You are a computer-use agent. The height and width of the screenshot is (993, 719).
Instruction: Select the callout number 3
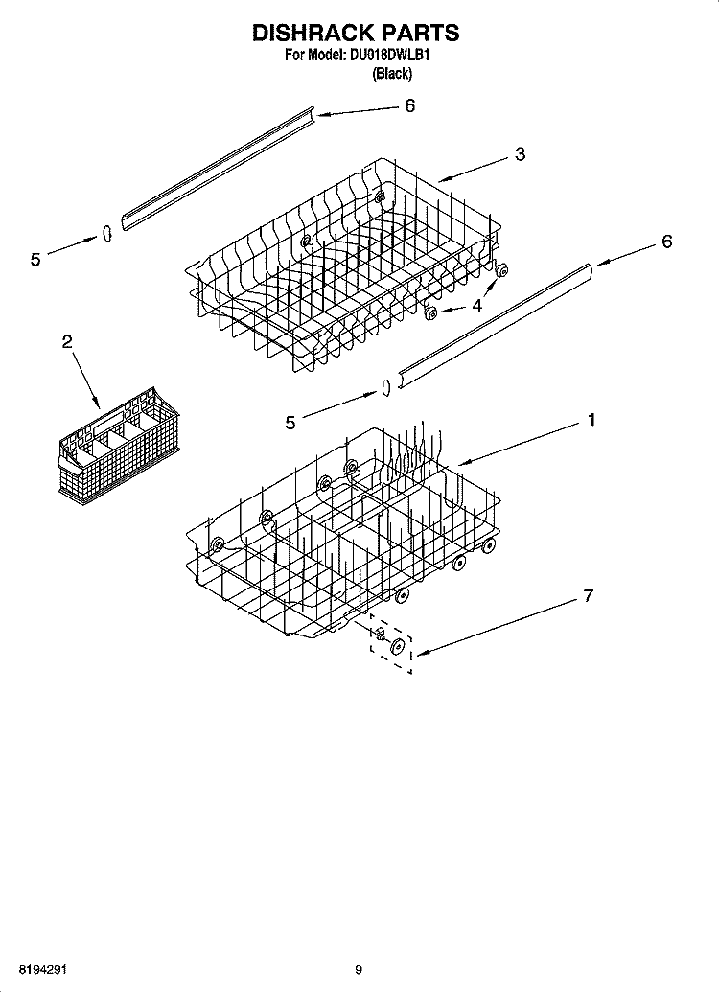coord(520,154)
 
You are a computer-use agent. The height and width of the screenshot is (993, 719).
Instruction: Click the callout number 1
coord(591,420)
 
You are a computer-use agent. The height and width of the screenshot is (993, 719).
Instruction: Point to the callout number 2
coord(67,342)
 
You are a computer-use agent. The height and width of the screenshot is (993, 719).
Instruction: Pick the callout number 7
coord(589,596)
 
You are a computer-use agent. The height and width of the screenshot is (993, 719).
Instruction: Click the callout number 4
coord(476,306)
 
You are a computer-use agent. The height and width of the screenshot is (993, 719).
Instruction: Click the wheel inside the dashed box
coord(398,647)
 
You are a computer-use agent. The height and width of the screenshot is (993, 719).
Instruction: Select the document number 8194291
coord(43,969)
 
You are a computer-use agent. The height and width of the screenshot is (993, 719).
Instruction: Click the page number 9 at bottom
coord(358,969)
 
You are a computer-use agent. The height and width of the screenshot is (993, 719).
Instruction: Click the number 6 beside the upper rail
coord(410,105)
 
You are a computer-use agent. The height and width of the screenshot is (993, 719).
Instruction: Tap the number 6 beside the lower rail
coord(666,242)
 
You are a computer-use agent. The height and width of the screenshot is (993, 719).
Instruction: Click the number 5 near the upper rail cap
coord(35,259)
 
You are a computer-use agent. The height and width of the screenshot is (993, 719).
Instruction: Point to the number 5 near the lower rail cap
coord(290,423)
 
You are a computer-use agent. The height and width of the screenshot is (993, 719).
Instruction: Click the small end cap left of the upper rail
coord(107,234)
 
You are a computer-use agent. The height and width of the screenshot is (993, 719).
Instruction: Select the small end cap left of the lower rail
coord(385,387)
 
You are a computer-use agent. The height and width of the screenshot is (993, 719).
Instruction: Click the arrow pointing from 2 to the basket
coord(85,380)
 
